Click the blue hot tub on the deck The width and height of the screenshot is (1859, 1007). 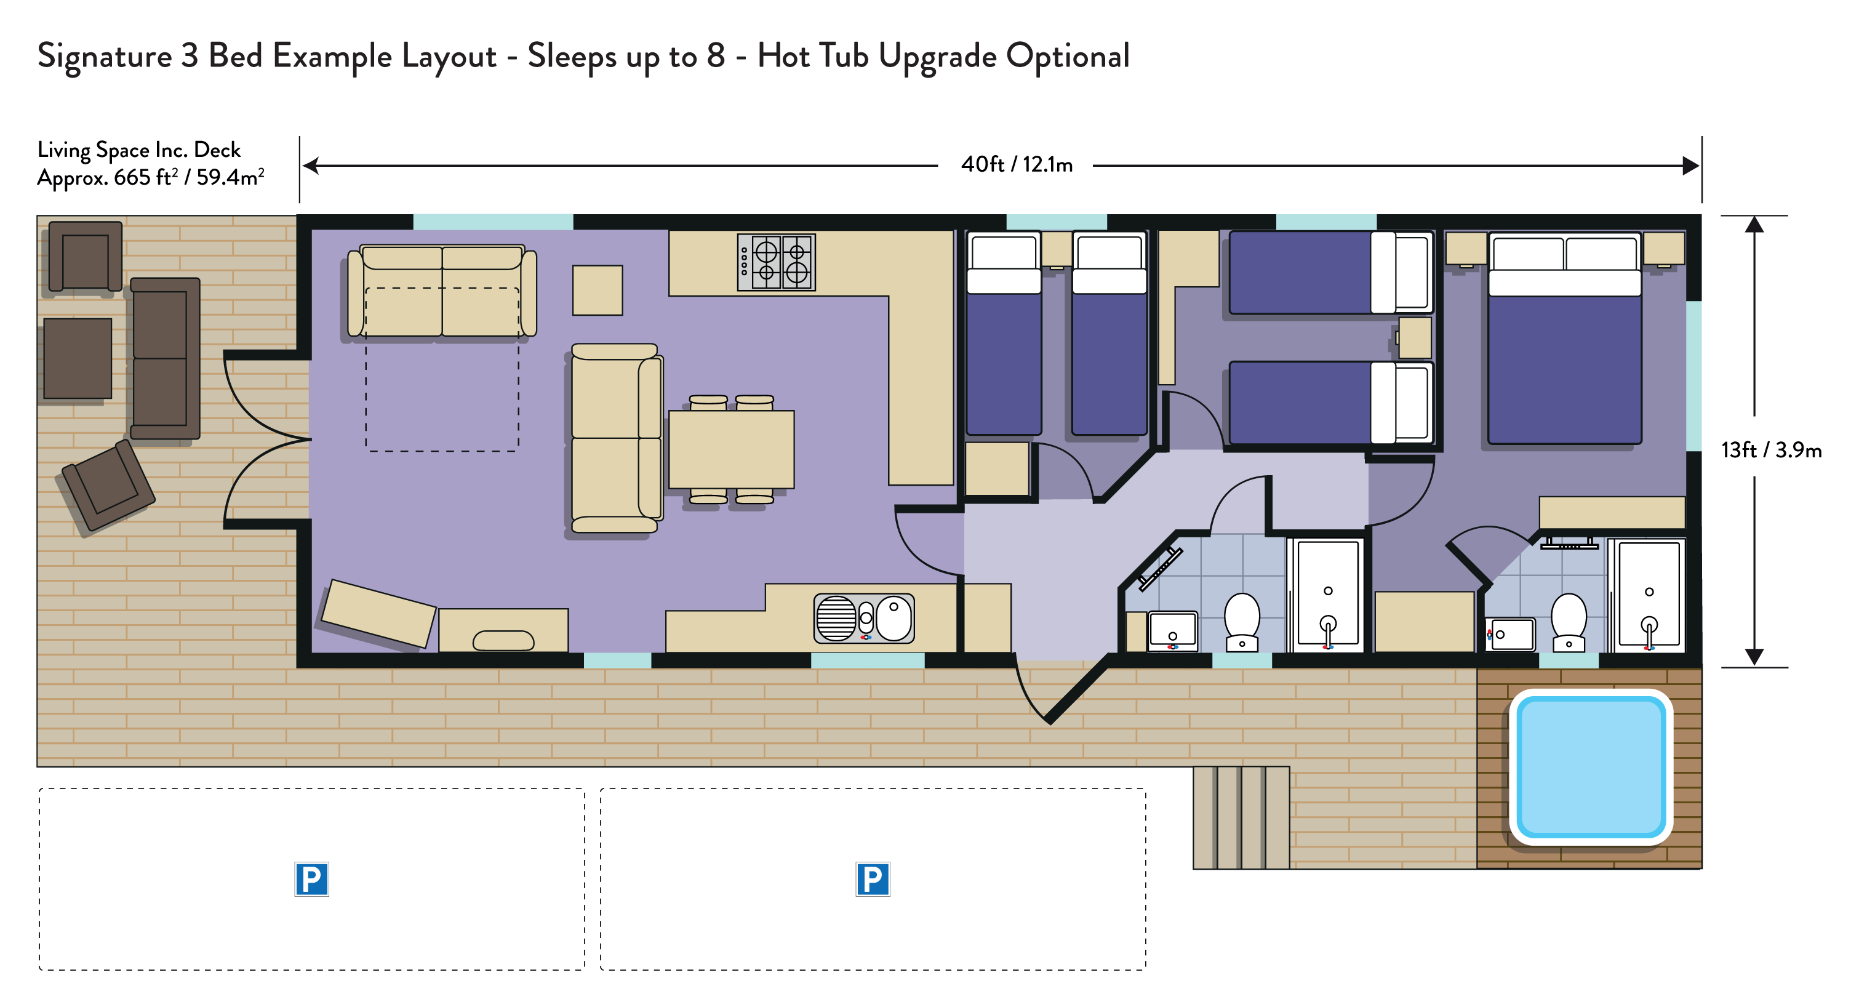(1591, 766)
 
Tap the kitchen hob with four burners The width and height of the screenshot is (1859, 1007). (776, 262)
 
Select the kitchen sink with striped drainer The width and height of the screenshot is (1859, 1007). (864, 619)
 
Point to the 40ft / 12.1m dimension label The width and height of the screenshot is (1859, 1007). (1016, 164)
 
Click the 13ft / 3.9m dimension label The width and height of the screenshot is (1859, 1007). (1771, 450)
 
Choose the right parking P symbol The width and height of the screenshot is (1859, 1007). (873, 879)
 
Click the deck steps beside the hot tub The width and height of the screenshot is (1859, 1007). (1241, 817)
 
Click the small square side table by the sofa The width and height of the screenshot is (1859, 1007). (598, 290)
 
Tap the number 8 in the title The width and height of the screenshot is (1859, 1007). (716, 55)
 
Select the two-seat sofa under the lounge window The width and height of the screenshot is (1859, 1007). (442, 291)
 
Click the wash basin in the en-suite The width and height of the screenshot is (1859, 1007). (1509, 635)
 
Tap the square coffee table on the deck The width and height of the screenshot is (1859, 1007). (78, 358)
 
